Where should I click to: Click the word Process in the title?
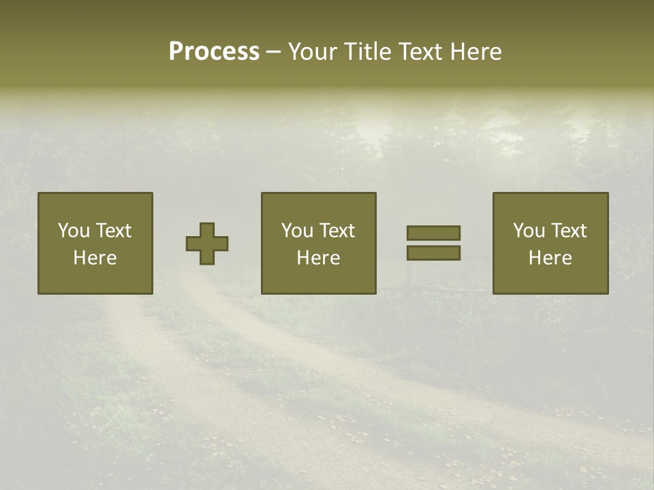point(214,52)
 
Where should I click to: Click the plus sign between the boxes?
point(207,244)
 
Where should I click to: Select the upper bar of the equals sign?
point(433,233)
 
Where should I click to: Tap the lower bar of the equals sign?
point(433,252)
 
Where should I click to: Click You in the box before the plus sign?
point(74,231)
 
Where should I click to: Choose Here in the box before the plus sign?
point(95,258)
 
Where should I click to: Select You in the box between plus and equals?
point(297,231)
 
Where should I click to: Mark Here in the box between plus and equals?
point(318,258)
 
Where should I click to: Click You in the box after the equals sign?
point(529,231)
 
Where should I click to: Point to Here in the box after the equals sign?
point(550,258)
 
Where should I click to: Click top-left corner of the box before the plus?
point(39,193)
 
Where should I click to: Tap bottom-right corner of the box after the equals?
point(607,293)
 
